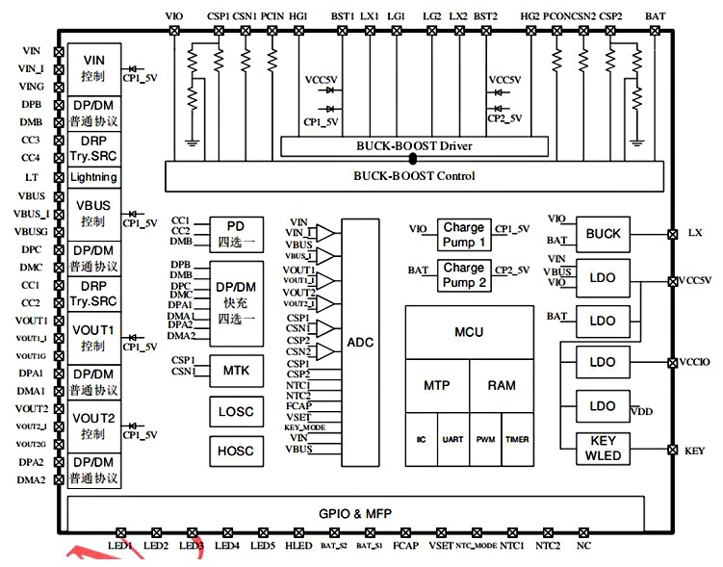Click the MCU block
coord(469,332)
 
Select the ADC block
coord(361,342)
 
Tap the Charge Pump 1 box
coord(464,234)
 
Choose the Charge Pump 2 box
coord(464,274)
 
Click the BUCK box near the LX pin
coord(603,234)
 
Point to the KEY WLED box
coord(603,449)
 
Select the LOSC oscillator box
coord(236,411)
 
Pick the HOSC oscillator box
coord(236,451)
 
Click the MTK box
coord(236,370)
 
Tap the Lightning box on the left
coord(94,177)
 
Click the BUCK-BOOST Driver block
coord(415,146)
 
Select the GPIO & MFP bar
coord(355,513)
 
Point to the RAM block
coord(501,385)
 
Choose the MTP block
coord(437,385)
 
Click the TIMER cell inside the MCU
coord(516,439)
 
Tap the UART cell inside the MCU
coord(452,439)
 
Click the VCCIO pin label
coord(696,363)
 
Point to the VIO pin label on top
coord(174,16)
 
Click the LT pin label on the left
coord(32,177)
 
